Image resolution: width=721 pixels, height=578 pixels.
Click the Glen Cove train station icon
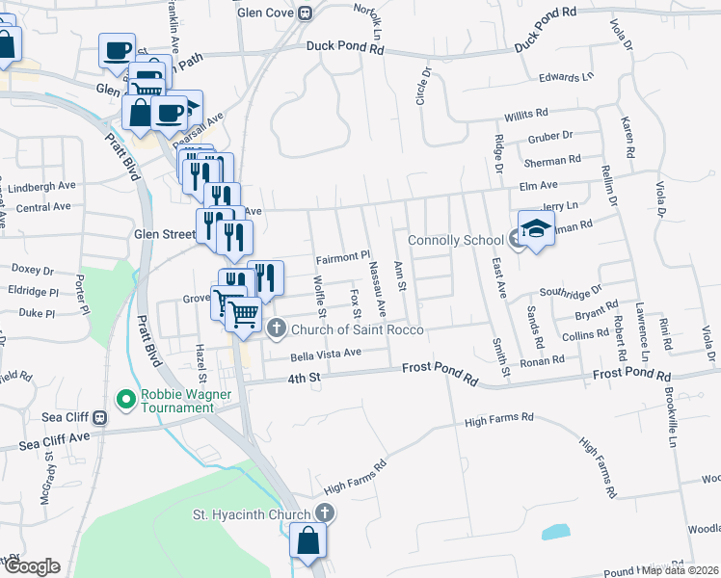click(x=306, y=13)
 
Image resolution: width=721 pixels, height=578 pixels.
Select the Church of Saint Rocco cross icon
click(x=277, y=329)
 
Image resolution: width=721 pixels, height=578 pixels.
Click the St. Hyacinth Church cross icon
click(x=326, y=513)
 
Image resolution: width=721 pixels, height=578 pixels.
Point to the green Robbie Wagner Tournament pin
click(x=124, y=398)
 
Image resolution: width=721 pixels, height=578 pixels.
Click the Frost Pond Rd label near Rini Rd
click(x=631, y=373)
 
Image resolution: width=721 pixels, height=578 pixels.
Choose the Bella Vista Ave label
click(x=326, y=354)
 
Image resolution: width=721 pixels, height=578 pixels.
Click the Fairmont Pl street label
click(x=343, y=257)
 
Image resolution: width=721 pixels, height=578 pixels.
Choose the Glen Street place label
click(x=164, y=234)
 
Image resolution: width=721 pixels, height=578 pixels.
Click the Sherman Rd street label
click(x=552, y=160)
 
